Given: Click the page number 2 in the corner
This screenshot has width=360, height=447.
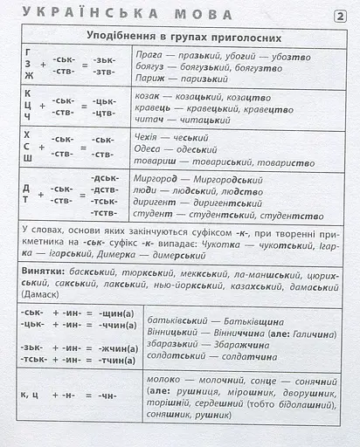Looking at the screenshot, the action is [340, 16].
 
